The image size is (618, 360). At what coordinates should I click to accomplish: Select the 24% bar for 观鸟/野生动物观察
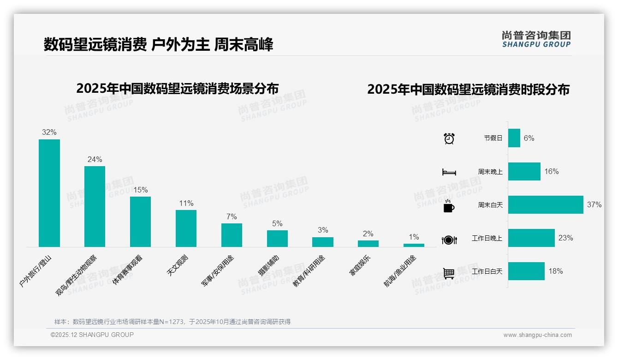pyautogui.click(x=95, y=206)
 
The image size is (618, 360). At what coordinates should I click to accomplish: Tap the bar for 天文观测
pyautogui.click(x=186, y=228)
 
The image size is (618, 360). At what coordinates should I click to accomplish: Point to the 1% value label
pyautogui.click(x=414, y=237)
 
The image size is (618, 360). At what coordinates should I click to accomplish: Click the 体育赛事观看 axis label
pyautogui.click(x=128, y=270)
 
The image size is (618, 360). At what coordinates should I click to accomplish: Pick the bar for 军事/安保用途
pyautogui.click(x=232, y=235)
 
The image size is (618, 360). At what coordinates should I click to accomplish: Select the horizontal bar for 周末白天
pyautogui.click(x=546, y=204)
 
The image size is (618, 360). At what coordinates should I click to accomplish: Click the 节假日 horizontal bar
pyautogui.click(x=514, y=138)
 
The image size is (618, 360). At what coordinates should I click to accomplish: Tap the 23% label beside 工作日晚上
pyautogui.click(x=565, y=238)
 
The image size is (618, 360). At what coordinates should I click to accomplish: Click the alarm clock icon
pyautogui.click(x=449, y=138)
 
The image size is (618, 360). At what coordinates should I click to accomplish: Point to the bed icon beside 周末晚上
pyautogui.click(x=449, y=172)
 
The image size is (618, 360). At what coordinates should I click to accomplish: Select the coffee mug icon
pyautogui.click(x=449, y=206)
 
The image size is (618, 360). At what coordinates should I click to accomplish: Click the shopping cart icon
pyautogui.click(x=449, y=273)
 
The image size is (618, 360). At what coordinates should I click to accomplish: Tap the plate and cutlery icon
pyautogui.click(x=449, y=240)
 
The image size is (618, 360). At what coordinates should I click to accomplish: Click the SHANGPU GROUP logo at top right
pyautogui.click(x=536, y=39)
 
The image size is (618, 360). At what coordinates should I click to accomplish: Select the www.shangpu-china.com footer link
pyautogui.click(x=537, y=335)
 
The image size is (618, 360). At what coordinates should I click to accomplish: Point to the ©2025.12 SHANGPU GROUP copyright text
pyautogui.click(x=92, y=335)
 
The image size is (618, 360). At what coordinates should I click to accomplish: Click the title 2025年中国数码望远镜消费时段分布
pyautogui.click(x=468, y=90)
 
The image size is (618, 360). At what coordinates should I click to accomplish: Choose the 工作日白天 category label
pyautogui.click(x=487, y=271)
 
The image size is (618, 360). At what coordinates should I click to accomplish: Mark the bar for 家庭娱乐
pyautogui.click(x=368, y=244)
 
